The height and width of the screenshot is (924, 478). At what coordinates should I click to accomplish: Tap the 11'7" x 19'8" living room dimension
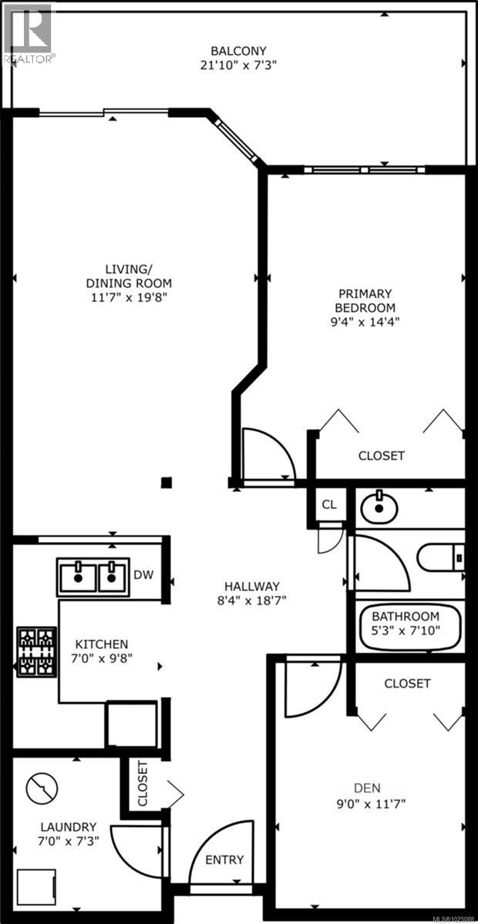pyautogui.click(x=129, y=296)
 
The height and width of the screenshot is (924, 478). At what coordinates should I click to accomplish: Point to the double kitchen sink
pyautogui.click(x=92, y=575)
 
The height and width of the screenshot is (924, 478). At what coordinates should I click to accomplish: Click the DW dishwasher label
pyautogui.click(x=143, y=574)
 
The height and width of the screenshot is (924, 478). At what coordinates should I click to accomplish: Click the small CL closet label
pyautogui.click(x=329, y=505)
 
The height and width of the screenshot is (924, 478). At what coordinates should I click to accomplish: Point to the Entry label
pyautogui.click(x=225, y=859)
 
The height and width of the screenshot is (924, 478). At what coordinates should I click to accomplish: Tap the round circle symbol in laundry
pyautogui.click(x=42, y=788)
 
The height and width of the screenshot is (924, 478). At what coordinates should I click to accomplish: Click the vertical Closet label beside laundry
pyautogui.click(x=142, y=784)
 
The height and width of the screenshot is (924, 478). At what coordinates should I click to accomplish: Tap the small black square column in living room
pyautogui.click(x=166, y=483)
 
